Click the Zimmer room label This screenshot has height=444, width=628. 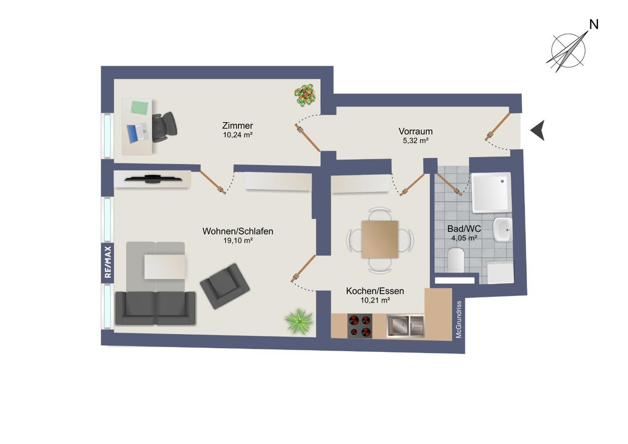[237, 126]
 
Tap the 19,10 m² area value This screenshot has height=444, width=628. [238, 240]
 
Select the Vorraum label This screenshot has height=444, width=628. [416, 131]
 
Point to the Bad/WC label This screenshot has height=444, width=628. [464, 229]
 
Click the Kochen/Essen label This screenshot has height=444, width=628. [375, 291]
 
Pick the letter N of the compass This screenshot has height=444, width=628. [594, 25]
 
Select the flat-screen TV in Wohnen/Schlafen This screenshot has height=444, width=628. [153, 179]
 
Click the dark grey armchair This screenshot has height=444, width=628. [225, 286]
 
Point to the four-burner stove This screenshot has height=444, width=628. [360, 326]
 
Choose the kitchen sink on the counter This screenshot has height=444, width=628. [405, 326]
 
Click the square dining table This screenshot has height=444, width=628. [380, 239]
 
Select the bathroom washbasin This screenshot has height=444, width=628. [503, 229]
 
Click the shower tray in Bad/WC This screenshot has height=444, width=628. [492, 193]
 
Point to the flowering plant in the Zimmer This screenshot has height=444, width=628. [305, 95]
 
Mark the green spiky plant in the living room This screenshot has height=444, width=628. [299, 321]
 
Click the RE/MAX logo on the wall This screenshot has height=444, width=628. [107, 262]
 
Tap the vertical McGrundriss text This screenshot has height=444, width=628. [459, 319]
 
